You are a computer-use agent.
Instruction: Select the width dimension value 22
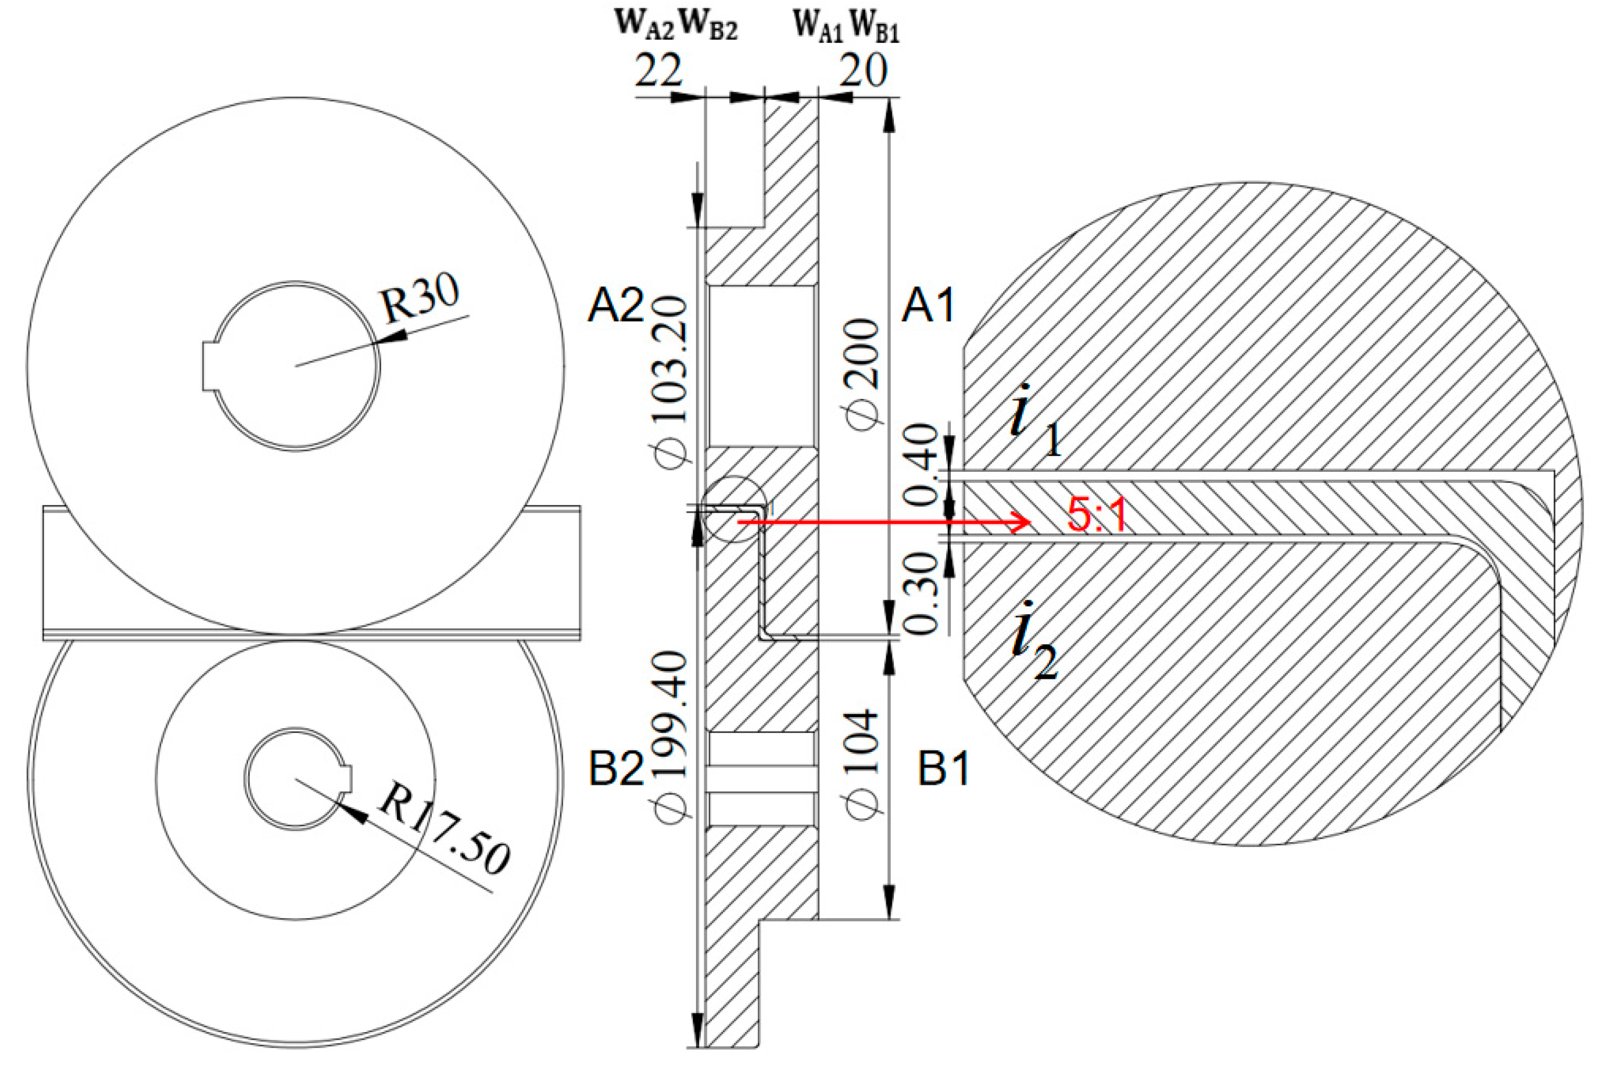[658, 70]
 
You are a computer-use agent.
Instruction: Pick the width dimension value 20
[862, 70]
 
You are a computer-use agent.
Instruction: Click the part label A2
[615, 307]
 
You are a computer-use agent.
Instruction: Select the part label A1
[928, 307]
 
